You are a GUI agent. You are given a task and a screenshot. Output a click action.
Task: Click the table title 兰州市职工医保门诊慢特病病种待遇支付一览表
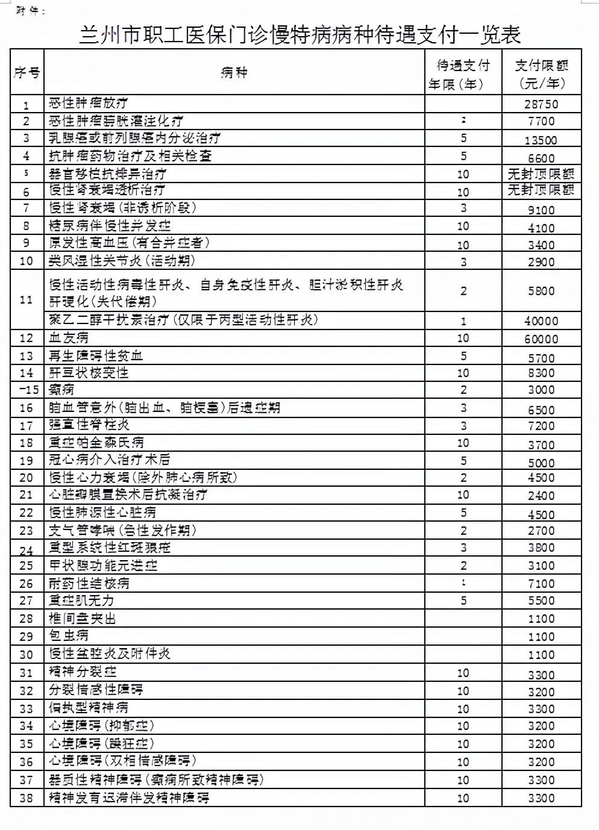[299, 34]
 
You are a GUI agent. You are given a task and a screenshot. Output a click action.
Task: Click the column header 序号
[27, 73]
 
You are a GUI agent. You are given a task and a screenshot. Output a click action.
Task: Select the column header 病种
[234, 73]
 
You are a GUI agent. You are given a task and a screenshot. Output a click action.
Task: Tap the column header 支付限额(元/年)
[541, 74]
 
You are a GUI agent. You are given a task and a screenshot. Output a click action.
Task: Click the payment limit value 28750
[541, 104]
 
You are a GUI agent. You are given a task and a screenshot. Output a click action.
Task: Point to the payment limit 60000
[541, 339]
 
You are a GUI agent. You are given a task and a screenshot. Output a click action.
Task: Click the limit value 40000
[541, 321]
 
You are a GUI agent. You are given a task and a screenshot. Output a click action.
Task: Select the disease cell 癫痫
[61, 390]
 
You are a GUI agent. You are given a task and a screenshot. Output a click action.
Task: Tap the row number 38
[26, 798]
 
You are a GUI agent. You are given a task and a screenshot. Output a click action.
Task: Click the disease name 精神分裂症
[83, 672]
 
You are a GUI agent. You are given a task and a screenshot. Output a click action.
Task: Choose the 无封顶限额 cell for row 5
[541, 174]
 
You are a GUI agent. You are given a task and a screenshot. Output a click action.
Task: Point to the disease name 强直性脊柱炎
[89, 425]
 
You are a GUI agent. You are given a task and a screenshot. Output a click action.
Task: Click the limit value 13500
[541, 140]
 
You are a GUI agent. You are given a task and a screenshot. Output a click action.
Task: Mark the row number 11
[26, 299]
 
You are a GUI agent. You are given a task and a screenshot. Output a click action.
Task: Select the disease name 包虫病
[69, 635]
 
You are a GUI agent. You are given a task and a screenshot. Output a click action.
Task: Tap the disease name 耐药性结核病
[89, 583]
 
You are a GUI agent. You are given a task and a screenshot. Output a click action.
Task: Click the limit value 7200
[541, 426]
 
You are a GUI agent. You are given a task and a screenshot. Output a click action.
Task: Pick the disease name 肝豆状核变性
[89, 373]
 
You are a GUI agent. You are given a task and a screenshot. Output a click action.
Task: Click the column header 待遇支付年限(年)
[463, 74]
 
